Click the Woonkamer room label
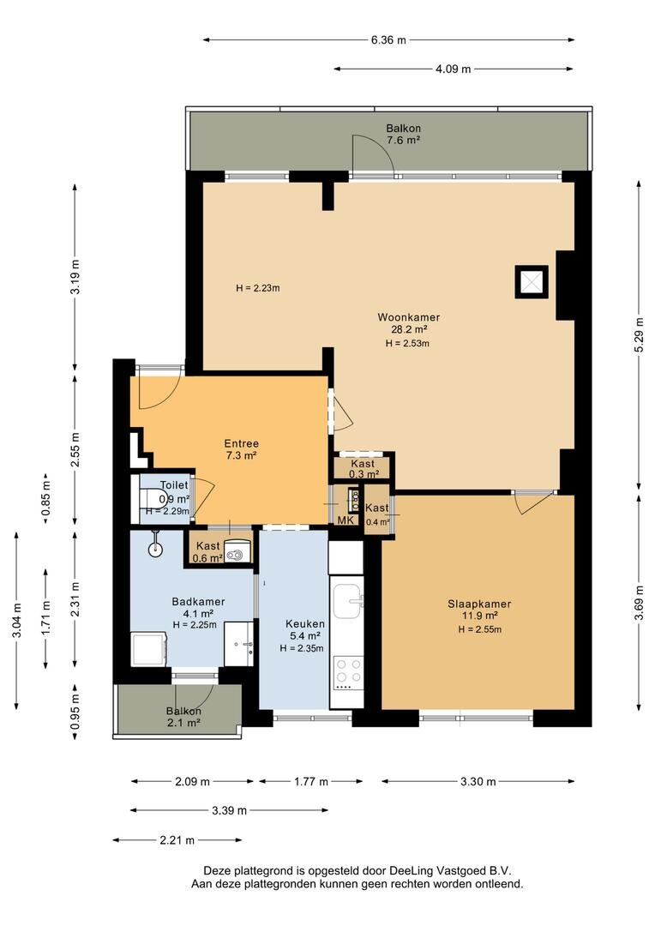pyautogui.click(x=409, y=317)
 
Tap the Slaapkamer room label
pyautogui.click(x=479, y=604)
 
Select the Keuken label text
pyautogui.click(x=304, y=623)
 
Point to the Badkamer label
pyautogui.click(x=198, y=601)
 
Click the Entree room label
pyautogui.click(x=242, y=443)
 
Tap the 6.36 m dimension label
pyautogui.click(x=388, y=40)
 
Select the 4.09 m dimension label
pyautogui.click(x=453, y=69)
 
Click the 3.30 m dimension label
pyautogui.click(x=478, y=781)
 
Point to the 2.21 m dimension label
pyautogui.click(x=177, y=839)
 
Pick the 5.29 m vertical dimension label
pyautogui.click(x=639, y=335)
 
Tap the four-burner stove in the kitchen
pyautogui.click(x=348, y=673)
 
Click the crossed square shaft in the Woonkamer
pyautogui.click(x=532, y=282)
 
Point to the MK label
pyautogui.click(x=346, y=520)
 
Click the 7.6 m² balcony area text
pyautogui.click(x=404, y=141)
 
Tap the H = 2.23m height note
pyautogui.click(x=257, y=288)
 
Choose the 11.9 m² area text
pyautogui.click(x=479, y=616)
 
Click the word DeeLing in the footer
pyautogui.click(x=412, y=870)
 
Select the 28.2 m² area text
pyautogui.click(x=409, y=329)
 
